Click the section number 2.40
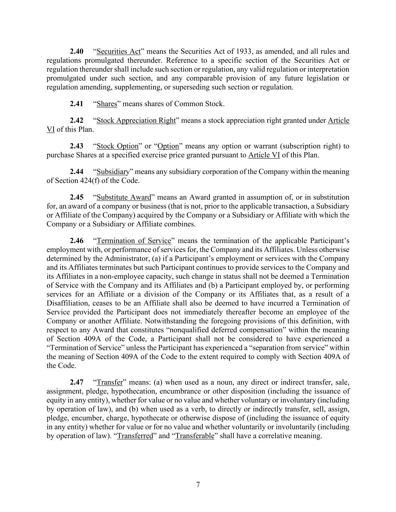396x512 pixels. [77, 51]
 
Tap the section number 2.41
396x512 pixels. [77, 104]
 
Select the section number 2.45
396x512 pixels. [77, 197]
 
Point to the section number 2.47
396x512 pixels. [77, 382]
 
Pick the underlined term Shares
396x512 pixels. [107, 104]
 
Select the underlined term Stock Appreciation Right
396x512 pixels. [136, 120]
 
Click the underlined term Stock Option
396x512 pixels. [117, 146]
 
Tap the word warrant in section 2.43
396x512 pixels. [265, 146]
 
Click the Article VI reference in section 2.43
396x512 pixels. [264, 155]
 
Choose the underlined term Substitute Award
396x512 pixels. [124, 197]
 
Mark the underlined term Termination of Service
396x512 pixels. [134, 241]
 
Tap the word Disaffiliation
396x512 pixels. [68, 303]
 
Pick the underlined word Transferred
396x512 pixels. [135, 436]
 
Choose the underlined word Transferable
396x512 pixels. [194, 436]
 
